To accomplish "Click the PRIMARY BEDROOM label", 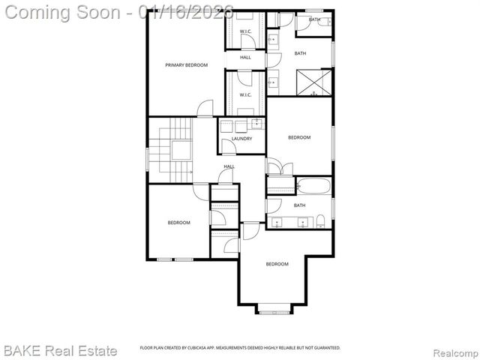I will coord(186,65).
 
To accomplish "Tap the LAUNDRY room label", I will coord(241,139).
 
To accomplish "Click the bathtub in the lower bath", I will coord(313,186).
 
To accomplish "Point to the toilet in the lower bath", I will coord(320,220).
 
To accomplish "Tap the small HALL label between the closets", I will coord(245,58).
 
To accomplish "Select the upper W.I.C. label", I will coord(245,31).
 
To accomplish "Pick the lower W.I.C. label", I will coord(245,95).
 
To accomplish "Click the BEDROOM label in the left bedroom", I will coord(178,222).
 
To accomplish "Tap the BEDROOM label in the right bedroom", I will coord(299,137).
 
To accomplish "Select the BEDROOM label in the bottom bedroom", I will coord(277,264).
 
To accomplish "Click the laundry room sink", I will coord(256,124).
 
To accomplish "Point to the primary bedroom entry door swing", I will coord(204,109).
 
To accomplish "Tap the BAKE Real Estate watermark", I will coord(60,350).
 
